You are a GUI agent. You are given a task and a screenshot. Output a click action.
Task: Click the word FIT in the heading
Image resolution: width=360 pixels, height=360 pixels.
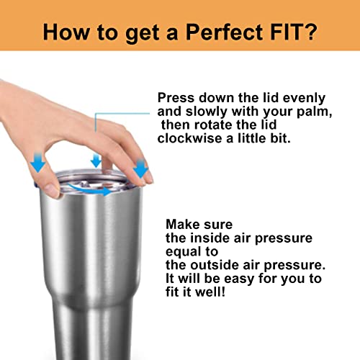click(x=286, y=32)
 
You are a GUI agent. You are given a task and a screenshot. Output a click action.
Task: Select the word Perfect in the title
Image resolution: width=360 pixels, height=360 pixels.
click(x=225, y=32)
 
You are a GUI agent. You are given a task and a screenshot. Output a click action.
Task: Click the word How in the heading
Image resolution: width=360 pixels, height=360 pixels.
click(x=66, y=32)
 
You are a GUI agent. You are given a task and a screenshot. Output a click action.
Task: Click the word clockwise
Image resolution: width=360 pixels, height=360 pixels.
click(x=189, y=138)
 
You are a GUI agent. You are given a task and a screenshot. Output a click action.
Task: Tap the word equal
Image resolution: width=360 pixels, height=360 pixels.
click(x=184, y=252)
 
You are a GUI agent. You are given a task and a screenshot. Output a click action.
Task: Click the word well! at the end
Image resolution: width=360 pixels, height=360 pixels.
click(x=210, y=292)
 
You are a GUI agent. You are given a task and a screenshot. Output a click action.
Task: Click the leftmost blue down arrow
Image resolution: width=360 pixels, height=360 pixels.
click(x=37, y=163)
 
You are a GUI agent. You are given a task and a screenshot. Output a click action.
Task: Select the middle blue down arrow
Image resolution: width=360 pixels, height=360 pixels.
click(x=96, y=161)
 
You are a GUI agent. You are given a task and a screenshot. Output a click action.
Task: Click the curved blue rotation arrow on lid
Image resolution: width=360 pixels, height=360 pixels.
click(x=89, y=190)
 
